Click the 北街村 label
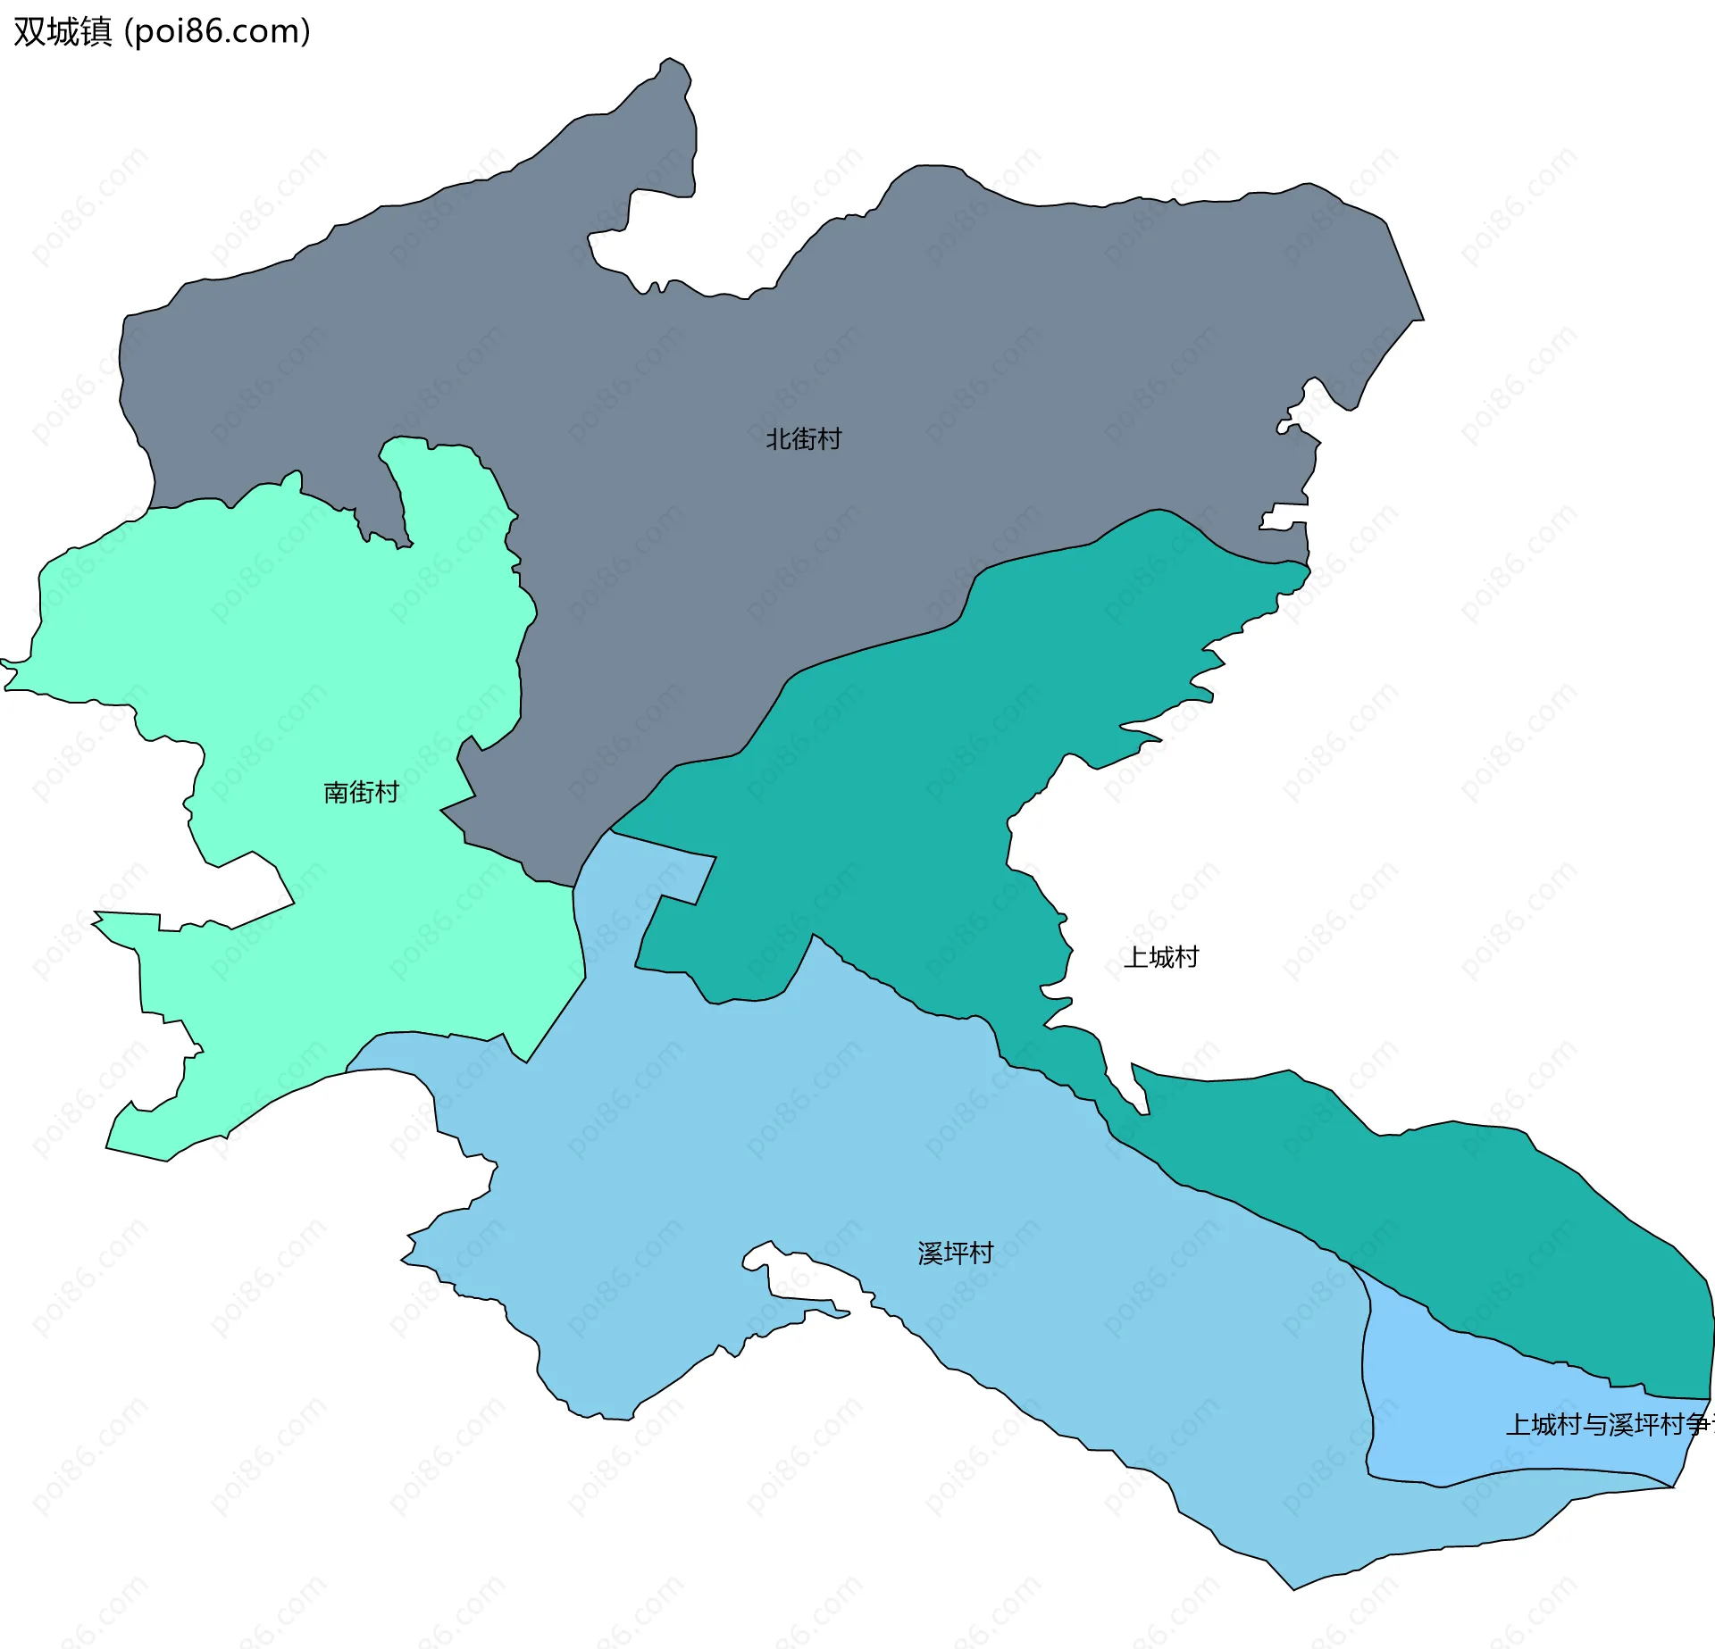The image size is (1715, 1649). click(803, 438)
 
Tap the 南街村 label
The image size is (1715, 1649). click(361, 792)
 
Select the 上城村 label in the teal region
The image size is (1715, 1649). click(1160, 957)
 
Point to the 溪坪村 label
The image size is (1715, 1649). click(955, 1253)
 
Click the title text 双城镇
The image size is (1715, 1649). click(63, 31)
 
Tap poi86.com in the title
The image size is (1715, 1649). click(217, 31)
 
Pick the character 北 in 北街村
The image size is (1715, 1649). click(778, 438)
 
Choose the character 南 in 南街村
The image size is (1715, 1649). click(336, 792)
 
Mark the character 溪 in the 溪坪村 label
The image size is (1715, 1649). click(930, 1253)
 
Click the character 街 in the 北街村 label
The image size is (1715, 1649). click(803, 438)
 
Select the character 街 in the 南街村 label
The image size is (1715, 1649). click(361, 792)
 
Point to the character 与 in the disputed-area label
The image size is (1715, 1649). click(1595, 1424)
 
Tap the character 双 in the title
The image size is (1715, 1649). click(29, 31)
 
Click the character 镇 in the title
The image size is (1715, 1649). click(96, 31)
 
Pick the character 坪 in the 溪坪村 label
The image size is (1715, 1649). click(955, 1253)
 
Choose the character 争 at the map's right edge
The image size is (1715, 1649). click(1697, 1424)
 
